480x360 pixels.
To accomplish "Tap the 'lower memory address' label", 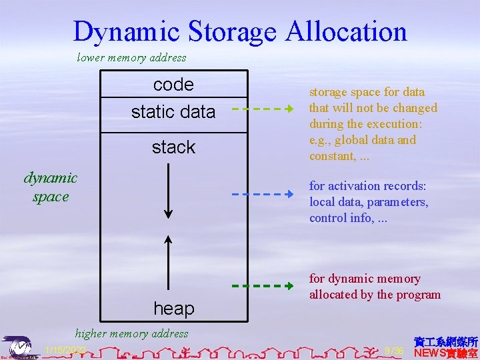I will [x=131, y=57].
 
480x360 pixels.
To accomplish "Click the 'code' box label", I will [x=173, y=85].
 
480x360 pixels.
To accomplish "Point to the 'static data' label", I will [x=173, y=112].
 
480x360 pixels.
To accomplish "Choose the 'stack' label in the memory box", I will [x=173, y=147].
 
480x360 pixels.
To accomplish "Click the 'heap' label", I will [x=173, y=308].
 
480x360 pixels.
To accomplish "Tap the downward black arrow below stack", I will [x=169, y=191].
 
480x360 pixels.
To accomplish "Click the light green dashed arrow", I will [x=263, y=108].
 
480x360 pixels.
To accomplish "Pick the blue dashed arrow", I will [x=263, y=194].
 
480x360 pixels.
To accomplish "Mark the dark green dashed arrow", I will [x=263, y=285].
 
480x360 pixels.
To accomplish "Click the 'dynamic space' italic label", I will [x=51, y=187].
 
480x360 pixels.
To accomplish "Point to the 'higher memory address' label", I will [x=132, y=333].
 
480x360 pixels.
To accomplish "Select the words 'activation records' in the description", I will [x=376, y=186].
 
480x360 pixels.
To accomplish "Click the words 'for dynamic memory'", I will [x=365, y=279].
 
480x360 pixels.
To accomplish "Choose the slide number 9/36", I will [x=395, y=351].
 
